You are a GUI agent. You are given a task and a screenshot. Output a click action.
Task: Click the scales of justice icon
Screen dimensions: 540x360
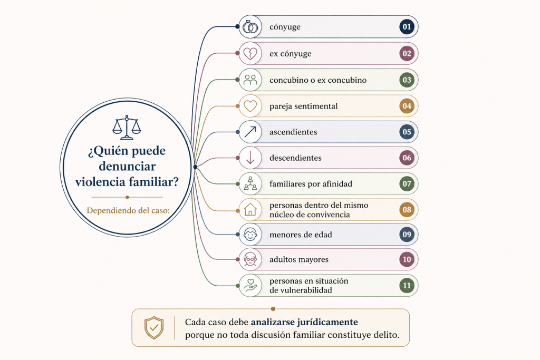tap(127, 128)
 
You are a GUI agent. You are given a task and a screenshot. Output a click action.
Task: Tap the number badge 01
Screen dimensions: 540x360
tap(407, 27)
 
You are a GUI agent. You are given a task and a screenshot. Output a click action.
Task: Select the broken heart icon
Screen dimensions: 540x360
tap(250, 53)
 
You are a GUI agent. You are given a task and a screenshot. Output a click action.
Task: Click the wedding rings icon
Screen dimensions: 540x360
tap(250, 26)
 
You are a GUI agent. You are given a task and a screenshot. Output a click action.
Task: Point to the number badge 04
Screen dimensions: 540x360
tap(407, 106)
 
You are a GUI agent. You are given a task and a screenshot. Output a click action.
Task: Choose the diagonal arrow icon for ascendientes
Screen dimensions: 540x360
tap(250, 132)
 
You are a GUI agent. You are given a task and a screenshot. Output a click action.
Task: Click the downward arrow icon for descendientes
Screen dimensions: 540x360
tap(250, 158)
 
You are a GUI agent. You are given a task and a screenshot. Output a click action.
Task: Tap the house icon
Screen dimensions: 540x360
tap(250, 209)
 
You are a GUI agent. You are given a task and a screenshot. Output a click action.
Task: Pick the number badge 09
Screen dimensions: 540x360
tap(407, 235)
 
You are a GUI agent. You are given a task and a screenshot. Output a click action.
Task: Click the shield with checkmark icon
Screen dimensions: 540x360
tap(154, 328)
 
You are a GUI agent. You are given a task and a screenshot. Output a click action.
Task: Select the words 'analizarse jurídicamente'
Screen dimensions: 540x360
tap(304, 322)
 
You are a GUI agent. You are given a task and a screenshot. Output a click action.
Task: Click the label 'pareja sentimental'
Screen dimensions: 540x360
tap(303, 106)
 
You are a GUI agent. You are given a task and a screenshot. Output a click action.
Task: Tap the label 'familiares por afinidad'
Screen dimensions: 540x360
tap(311, 184)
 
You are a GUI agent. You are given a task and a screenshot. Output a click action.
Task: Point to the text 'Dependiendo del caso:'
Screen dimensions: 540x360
tap(128, 210)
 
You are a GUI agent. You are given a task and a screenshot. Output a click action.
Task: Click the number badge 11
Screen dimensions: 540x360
tap(407, 286)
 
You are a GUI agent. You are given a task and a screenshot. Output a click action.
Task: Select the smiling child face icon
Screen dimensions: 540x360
tap(250, 235)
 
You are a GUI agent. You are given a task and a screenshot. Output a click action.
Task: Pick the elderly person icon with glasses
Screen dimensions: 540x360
tap(250, 259)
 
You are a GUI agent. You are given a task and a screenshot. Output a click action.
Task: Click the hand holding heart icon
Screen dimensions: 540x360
tap(250, 285)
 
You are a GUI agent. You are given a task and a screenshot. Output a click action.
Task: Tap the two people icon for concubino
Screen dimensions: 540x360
tap(250, 80)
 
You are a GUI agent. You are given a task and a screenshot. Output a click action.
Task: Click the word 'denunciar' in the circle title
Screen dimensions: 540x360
tap(128, 166)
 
